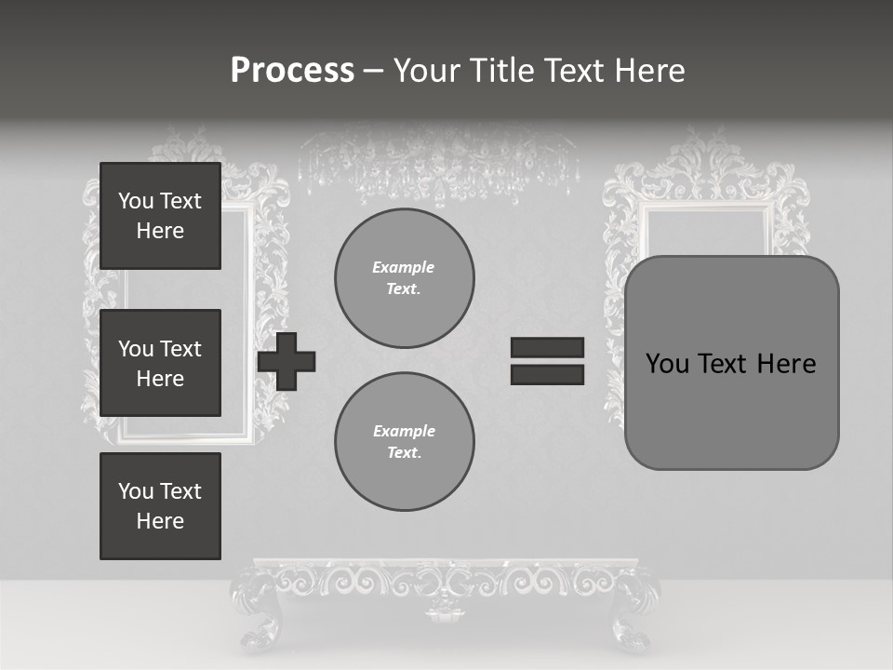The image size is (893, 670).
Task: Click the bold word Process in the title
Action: point(292,71)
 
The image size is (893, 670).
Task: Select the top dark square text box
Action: point(160,216)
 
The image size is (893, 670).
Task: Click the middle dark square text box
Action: point(160,363)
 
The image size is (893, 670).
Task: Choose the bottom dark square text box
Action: point(160,506)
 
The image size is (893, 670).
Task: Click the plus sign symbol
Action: point(287,361)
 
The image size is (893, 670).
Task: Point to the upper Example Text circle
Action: point(404,278)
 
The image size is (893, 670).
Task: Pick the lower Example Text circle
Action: point(404,442)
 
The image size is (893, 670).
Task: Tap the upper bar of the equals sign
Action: point(547,347)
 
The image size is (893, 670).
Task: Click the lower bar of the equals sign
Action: point(547,374)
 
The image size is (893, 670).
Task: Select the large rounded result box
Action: point(731,363)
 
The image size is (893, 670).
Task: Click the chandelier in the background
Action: point(437,163)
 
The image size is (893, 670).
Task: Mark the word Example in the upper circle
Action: point(404,267)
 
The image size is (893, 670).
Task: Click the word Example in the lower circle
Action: point(404,431)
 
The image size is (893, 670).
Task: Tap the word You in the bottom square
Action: point(136,491)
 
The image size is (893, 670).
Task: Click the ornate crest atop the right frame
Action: point(707,154)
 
